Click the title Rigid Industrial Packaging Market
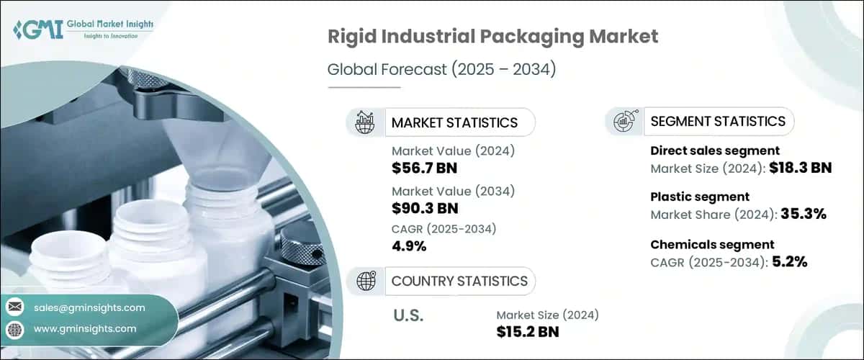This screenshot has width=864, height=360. click(492, 37)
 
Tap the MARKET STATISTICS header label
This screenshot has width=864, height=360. click(454, 122)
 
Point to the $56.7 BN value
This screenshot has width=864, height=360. click(424, 168)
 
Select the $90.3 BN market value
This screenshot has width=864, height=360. click(424, 208)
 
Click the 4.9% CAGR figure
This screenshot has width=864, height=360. click(409, 246)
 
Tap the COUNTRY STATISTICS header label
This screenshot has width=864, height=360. click(459, 281)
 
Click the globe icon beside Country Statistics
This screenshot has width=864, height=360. click(366, 281)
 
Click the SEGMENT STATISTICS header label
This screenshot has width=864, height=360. click(718, 121)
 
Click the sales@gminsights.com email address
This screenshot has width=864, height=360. click(89, 307)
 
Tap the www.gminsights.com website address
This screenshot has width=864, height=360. click(85, 328)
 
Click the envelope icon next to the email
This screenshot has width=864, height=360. click(15, 307)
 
